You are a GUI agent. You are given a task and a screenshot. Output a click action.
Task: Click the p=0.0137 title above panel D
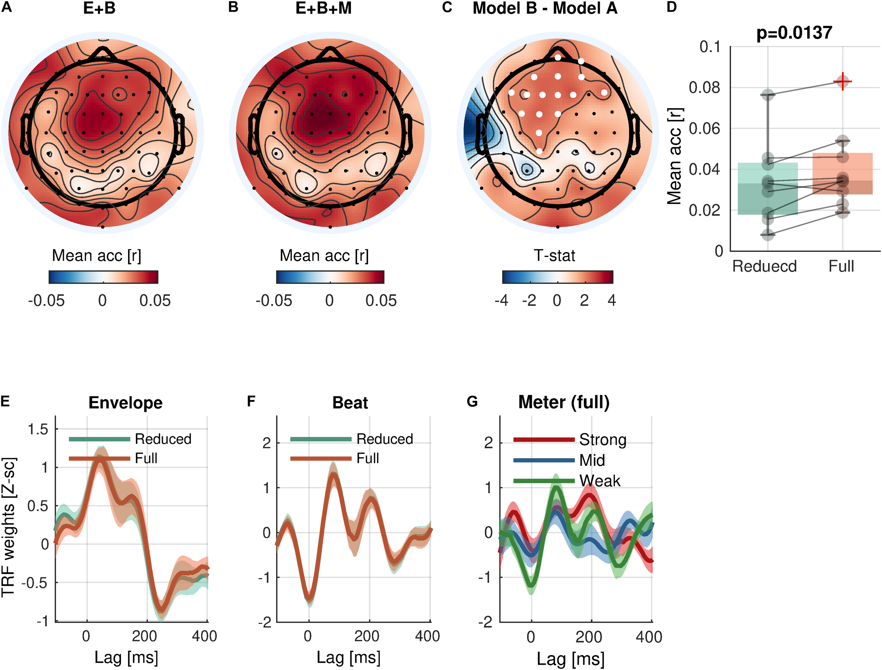794,33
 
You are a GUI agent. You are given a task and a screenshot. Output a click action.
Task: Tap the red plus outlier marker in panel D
842,81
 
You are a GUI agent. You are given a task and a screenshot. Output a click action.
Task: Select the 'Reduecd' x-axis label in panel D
764,266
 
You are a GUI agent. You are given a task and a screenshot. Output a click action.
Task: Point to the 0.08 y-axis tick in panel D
710,88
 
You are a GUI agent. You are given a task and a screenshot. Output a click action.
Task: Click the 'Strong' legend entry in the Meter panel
602,439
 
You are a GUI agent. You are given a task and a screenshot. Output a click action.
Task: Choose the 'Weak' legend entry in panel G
599,481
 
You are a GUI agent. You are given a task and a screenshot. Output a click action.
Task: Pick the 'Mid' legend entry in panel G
592,460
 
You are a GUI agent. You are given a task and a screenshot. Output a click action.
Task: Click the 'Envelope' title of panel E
125,403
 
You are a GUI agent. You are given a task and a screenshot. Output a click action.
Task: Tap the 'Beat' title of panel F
350,403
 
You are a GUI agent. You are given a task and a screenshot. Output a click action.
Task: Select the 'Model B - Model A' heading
545,8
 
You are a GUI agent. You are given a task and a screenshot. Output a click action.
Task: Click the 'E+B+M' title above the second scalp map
324,8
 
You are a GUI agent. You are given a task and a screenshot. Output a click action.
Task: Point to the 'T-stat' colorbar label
555,256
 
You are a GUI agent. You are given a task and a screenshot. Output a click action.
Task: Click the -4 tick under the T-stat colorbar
501,300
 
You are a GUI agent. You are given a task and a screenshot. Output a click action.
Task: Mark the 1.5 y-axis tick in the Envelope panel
38,430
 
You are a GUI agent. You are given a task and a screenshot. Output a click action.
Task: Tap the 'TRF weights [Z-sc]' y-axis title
8,527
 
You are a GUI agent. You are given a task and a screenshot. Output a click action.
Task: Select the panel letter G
472,401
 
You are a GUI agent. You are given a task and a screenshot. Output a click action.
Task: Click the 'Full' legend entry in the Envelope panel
146,458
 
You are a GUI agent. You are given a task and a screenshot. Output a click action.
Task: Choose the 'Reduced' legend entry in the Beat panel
385,439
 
